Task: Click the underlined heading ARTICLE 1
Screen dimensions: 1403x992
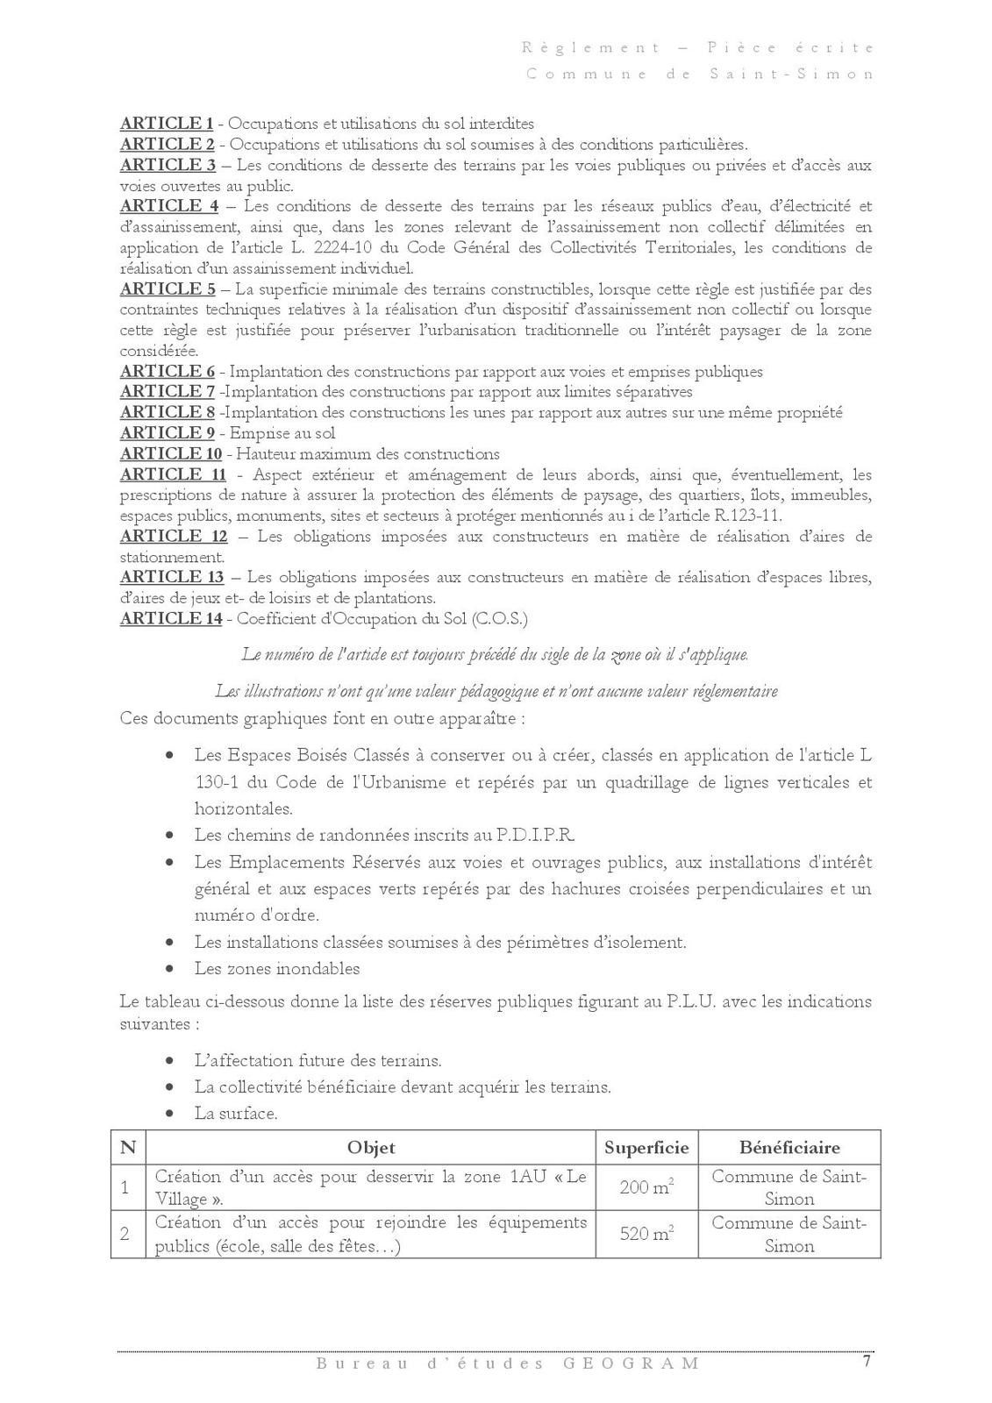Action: (167, 124)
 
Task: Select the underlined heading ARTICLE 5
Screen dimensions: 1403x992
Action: (168, 289)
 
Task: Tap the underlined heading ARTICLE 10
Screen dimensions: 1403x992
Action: (171, 454)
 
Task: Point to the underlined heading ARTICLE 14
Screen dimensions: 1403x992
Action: (171, 619)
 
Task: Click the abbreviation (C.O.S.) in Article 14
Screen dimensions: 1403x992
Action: (499, 619)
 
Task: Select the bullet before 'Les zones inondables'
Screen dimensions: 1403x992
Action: (170, 970)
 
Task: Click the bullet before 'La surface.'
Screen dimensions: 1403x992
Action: (170, 1115)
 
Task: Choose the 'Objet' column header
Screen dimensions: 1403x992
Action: (371, 1148)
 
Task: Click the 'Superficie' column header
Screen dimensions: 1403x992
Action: (646, 1148)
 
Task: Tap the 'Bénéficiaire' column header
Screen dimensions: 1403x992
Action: (789, 1148)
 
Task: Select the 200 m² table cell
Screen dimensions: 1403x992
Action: (646, 1188)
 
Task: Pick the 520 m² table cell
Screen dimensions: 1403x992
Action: (646, 1235)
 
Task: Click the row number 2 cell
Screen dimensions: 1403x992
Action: (126, 1235)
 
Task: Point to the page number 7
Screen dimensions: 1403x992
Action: (867, 1362)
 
